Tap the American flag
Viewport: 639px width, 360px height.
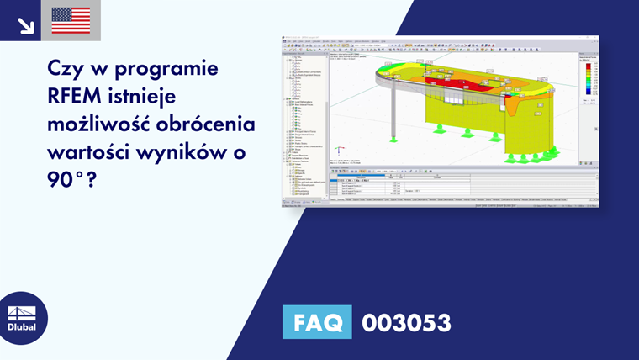[x=71, y=20]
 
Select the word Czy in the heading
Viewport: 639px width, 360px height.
[x=68, y=67]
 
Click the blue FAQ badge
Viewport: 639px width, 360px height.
[x=316, y=322]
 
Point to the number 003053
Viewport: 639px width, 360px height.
[x=406, y=322]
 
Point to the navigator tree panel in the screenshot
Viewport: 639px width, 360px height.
[x=304, y=118]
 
